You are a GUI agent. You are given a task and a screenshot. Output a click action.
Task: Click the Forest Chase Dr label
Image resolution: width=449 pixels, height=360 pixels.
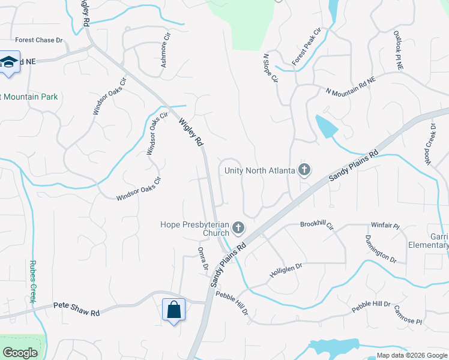39,40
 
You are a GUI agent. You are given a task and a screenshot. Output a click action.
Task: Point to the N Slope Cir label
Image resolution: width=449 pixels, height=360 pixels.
271,68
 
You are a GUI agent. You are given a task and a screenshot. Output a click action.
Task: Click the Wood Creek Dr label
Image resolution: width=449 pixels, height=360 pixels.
430,144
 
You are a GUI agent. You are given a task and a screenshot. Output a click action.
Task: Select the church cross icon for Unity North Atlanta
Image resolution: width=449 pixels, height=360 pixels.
304,170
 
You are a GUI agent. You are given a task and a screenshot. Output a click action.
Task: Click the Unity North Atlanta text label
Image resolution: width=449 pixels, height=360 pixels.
260,170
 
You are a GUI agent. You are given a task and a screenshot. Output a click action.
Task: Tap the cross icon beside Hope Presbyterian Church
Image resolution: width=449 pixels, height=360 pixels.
238,227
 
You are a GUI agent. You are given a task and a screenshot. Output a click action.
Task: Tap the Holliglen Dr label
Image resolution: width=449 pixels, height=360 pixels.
286,271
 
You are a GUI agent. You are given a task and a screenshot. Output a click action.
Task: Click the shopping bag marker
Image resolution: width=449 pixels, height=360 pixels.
173,310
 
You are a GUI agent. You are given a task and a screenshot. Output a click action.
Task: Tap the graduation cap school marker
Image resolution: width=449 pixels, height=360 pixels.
10,62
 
